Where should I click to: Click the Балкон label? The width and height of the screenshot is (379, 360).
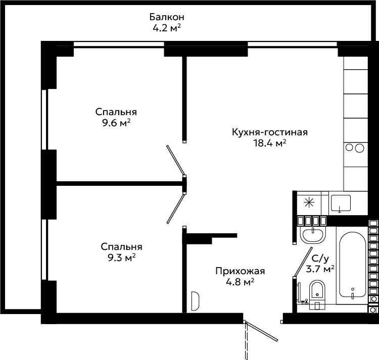[x=167, y=17]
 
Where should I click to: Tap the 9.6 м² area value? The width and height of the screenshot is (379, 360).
[x=116, y=123]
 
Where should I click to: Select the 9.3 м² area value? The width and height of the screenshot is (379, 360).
[x=122, y=258]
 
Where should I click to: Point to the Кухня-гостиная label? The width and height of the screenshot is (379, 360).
[x=270, y=132]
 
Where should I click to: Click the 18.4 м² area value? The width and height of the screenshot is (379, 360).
[x=270, y=143]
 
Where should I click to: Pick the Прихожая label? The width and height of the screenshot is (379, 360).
[x=240, y=271]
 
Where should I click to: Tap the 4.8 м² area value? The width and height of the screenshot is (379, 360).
[x=240, y=282]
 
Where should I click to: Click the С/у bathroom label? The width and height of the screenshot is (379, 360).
[x=320, y=259]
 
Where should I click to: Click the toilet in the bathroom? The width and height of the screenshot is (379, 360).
[x=317, y=295]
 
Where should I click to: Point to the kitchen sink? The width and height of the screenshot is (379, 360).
[x=341, y=203]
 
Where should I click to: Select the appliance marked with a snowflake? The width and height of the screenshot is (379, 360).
[x=309, y=203]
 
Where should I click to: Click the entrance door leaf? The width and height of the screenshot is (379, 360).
[x=262, y=331]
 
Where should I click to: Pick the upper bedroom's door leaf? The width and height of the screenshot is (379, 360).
[x=176, y=161]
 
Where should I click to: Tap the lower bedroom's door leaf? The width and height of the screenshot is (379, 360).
[x=176, y=208]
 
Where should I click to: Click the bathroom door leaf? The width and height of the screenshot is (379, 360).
[x=303, y=262]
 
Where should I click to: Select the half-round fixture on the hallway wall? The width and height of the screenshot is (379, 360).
[x=195, y=301]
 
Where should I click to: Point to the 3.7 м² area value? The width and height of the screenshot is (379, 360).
[x=320, y=269]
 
